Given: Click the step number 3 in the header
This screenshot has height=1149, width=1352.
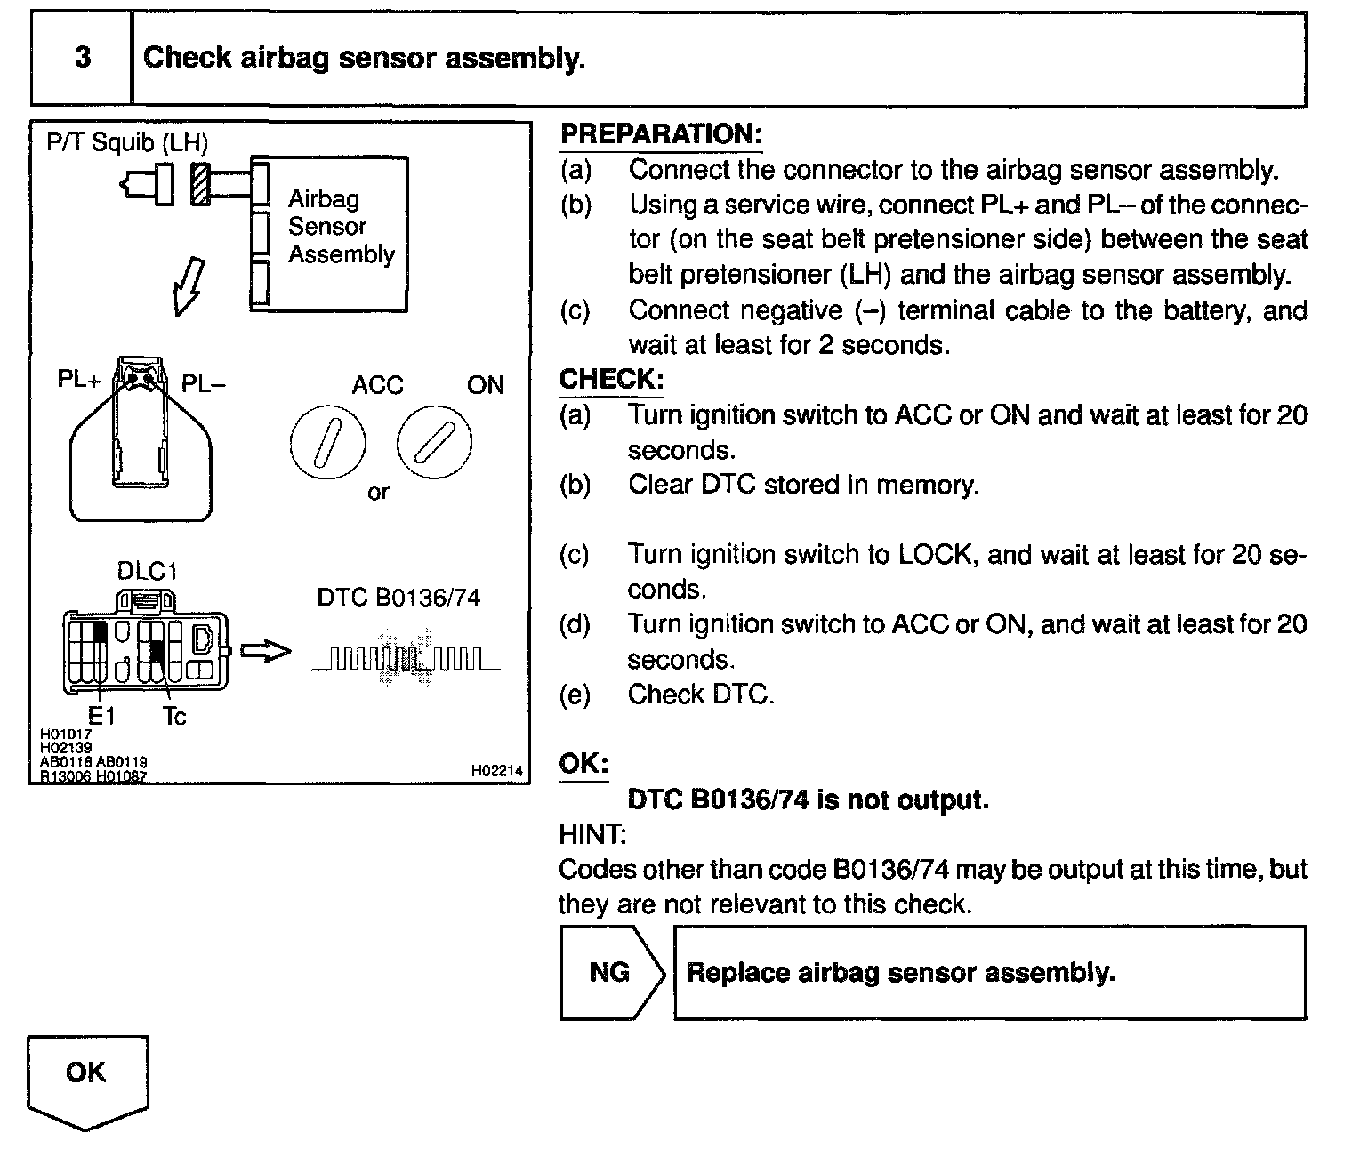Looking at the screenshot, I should [x=82, y=58].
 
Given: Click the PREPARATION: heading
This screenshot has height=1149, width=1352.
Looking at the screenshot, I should [x=661, y=134].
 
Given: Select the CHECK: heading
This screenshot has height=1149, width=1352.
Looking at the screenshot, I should [x=611, y=380].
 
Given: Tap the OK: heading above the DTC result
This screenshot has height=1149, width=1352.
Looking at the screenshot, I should [x=583, y=764].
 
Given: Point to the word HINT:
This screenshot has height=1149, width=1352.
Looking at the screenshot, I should [x=592, y=834].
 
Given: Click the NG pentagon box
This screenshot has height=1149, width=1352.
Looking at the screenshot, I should [x=610, y=972].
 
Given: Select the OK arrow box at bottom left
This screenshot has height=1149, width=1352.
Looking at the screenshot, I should [x=86, y=1078].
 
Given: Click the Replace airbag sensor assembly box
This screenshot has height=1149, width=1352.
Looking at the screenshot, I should [x=989, y=972].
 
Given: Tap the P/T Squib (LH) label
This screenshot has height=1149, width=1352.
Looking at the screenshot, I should [x=127, y=142].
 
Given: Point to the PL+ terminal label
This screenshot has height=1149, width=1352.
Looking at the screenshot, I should [x=79, y=380].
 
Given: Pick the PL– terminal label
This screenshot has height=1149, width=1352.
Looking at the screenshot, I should [x=204, y=383].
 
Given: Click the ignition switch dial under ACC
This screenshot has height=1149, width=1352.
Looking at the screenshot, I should [x=326, y=442].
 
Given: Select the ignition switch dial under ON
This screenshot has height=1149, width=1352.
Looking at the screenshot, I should [x=434, y=442].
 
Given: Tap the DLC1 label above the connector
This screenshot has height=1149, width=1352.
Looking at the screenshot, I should [x=147, y=571].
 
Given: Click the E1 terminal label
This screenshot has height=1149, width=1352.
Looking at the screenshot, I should [x=101, y=715].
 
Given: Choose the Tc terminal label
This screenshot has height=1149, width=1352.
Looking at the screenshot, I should [x=174, y=715].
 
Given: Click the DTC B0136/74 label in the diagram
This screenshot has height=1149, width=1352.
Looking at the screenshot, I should [x=398, y=598].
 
